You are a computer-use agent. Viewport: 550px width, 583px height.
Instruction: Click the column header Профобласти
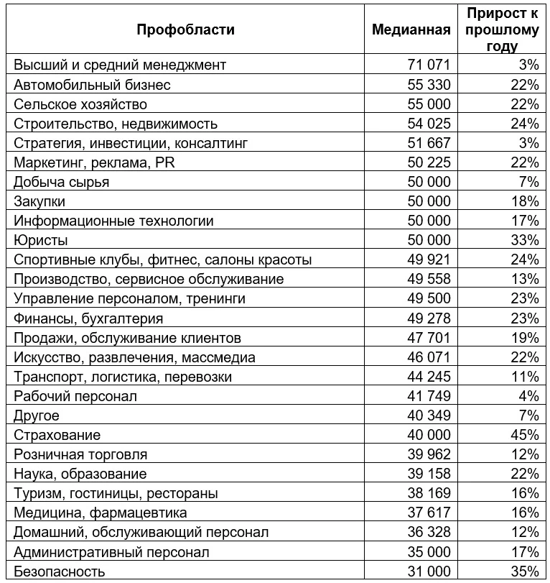click(185, 29)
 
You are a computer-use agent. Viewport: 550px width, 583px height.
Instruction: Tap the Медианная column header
click(411, 29)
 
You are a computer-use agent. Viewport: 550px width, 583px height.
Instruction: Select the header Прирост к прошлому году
click(500, 29)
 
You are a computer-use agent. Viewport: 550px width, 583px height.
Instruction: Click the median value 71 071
click(429, 65)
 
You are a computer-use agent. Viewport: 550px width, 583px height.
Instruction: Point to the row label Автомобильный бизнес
click(92, 85)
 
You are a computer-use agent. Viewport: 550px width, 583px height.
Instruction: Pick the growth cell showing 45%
click(525, 435)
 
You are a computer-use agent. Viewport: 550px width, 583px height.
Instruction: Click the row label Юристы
click(41, 240)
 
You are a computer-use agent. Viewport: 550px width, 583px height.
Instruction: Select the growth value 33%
click(525, 240)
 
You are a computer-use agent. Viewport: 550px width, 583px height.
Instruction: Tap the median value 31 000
click(429, 571)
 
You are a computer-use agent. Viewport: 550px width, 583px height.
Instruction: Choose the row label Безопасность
click(60, 571)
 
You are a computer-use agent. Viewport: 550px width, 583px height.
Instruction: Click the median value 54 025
click(429, 124)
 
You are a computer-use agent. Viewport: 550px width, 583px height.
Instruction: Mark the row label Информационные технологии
click(113, 221)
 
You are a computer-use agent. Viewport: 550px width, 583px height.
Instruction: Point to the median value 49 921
click(429, 260)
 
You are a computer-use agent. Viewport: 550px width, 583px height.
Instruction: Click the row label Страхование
click(57, 435)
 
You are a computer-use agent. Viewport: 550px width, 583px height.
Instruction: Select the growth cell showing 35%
click(525, 571)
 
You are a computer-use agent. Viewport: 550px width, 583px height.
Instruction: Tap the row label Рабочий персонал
click(75, 396)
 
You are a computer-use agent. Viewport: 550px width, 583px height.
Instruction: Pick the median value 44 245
click(429, 377)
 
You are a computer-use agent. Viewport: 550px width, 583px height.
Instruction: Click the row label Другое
click(37, 416)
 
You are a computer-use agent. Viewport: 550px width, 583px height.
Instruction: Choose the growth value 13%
click(525, 279)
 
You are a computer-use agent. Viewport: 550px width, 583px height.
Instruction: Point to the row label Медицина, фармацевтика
click(101, 513)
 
